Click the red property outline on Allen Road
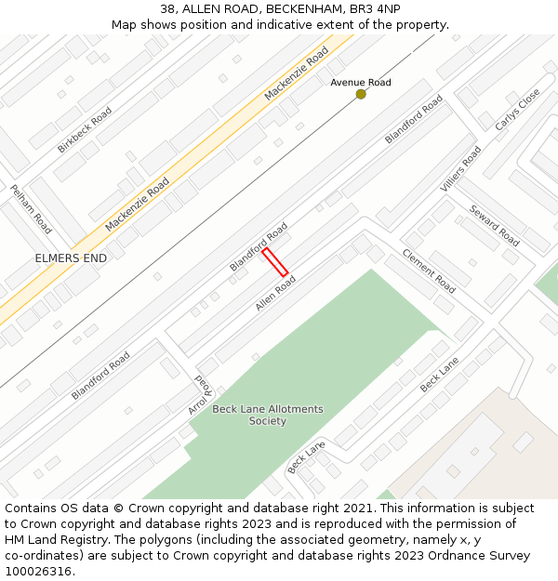point(274,262)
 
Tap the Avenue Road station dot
point(361,94)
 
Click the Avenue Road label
point(361,83)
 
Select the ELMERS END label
point(71,258)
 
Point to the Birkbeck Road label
point(85,129)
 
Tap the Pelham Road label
point(31,208)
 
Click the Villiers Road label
point(460,168)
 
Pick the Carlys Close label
point(517,110)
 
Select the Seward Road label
point(494,225)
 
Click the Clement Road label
point(428,270)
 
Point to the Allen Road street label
point(275,293)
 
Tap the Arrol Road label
point(201,394)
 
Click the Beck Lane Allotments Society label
point(268,415)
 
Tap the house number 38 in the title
point(167,8)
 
